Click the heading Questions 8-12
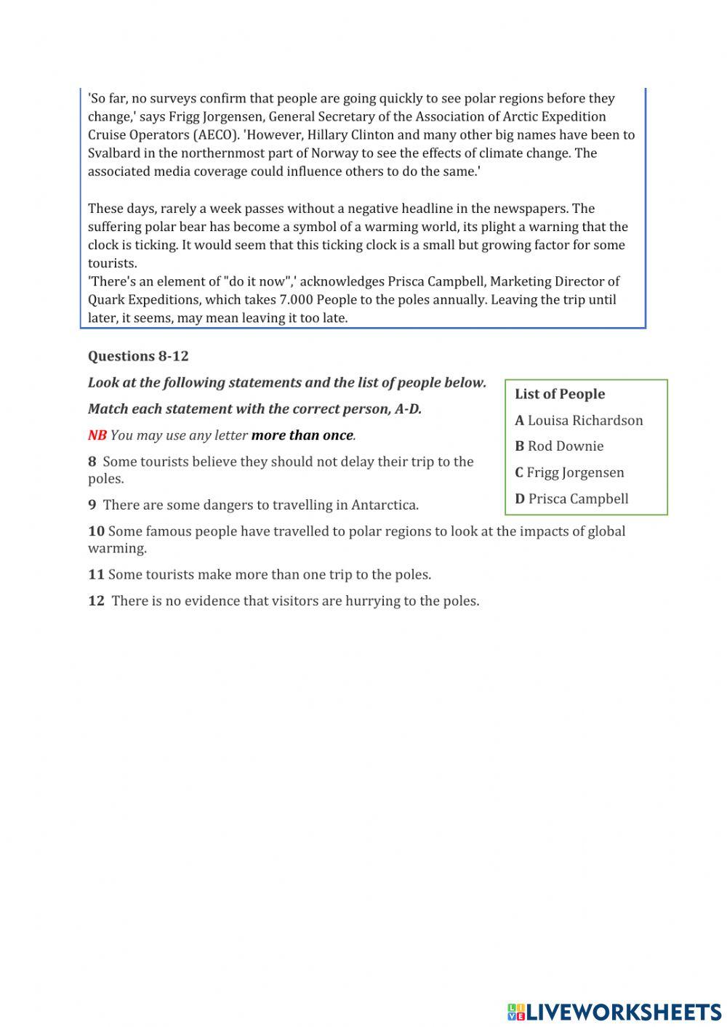tap(138, 356)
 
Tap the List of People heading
tap(560, 394)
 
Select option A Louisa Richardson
tap(579, 420)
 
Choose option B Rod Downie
tap(559, 446)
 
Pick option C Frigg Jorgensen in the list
tap(569, 472)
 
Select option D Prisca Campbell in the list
tap(571, 499)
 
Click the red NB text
tap(97, 435)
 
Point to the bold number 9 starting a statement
tap(92, 505)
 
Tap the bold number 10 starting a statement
tap(96, 531)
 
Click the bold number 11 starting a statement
tap(96, 575)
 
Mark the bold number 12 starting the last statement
tap(96, 601)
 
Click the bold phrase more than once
tap(302, 435)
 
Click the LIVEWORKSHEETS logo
tap(614, 1011)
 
